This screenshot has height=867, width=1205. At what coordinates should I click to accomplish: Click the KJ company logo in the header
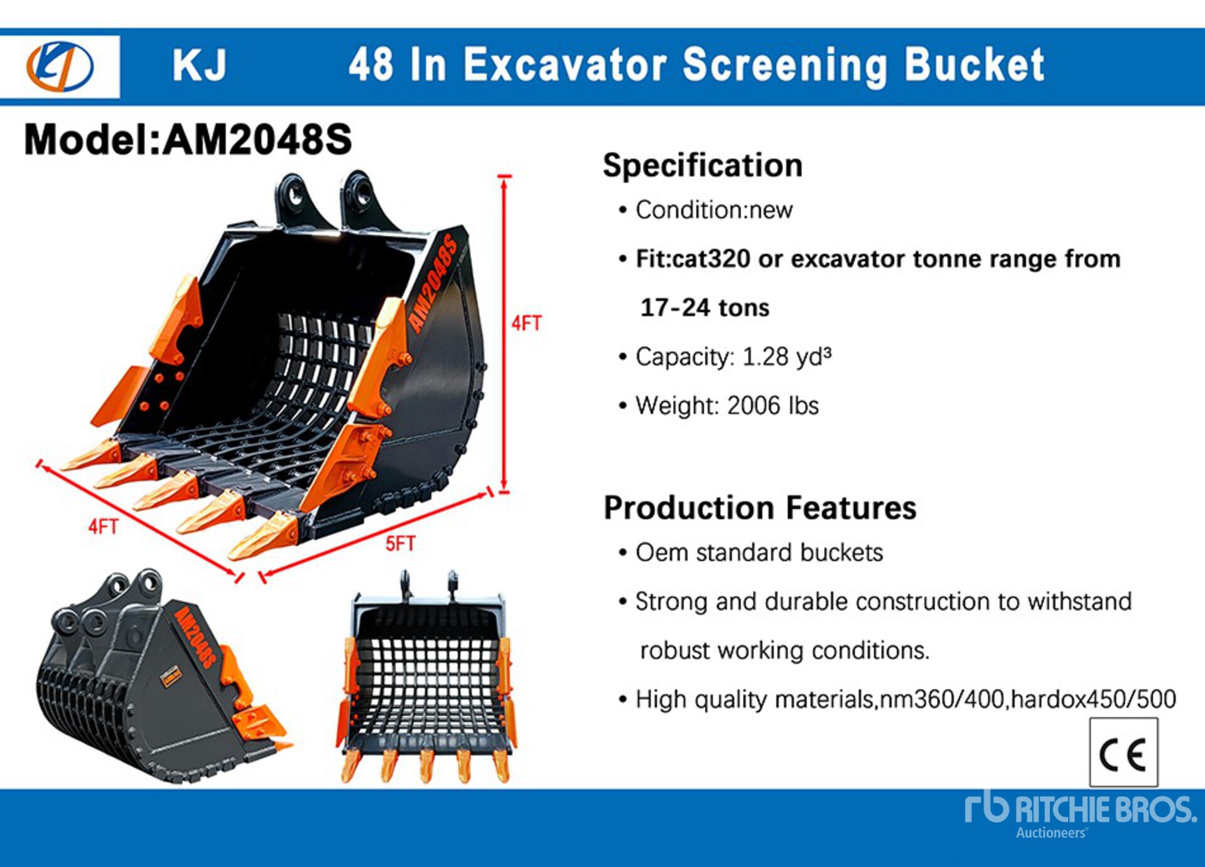point(60,66)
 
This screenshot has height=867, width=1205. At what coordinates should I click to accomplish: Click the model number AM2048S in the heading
point(257,139)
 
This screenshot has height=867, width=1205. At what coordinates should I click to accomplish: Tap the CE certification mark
point(1123,753)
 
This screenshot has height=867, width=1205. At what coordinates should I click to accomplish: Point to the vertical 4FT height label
point(526,324)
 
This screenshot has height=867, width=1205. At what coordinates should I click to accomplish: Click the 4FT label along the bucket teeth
point(103,526)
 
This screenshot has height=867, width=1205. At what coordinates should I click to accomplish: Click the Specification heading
point(702,166)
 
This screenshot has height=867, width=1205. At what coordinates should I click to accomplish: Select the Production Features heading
point(759,508)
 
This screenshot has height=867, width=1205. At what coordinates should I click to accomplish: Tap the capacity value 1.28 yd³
point(787,357)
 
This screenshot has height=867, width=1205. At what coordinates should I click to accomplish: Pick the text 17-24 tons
point(705,308)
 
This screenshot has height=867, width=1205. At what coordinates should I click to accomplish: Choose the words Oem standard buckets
point(759,553)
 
